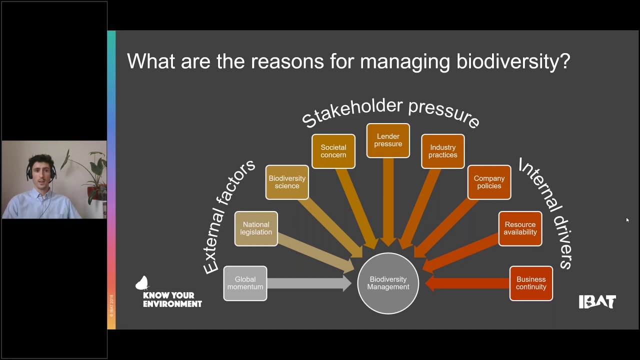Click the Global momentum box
pos(245,283)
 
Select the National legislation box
pos(256,228)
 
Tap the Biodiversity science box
pos(287,182)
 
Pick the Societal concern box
pos(333,151)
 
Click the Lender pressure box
pos(388,140)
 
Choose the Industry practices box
pos(442,151)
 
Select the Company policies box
pos(489,182)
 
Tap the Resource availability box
pos(520,228)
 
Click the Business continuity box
pos(531,283)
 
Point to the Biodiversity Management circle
pos(388,283)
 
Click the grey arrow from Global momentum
pos(310,283)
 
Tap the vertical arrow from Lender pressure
pos(388,200)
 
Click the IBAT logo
pos(597,301)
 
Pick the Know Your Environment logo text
pos(172,299)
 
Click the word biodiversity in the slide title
pos(513,62)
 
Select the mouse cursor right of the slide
pos(627,219)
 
